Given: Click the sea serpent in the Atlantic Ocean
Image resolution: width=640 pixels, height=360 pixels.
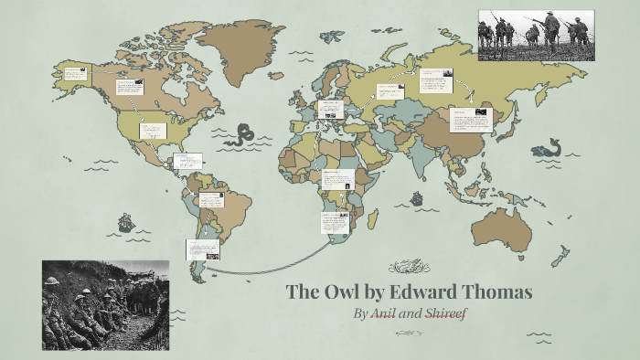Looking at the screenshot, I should tap(244, 135).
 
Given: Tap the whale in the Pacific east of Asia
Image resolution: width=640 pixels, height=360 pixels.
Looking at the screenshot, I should tap(549, 147).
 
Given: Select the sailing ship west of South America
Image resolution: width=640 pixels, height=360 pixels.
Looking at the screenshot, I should tap(125, 221).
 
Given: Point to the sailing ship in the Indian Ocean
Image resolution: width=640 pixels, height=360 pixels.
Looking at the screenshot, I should tap(417, 197).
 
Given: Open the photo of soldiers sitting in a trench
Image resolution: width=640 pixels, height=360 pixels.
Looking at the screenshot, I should tap(105, 305).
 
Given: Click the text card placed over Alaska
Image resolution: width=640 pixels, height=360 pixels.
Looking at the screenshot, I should tap(74, 72).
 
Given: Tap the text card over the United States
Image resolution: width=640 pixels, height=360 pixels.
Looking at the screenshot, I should tap(152, 131).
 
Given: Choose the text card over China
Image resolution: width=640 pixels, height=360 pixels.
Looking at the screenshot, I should tap(472, 120).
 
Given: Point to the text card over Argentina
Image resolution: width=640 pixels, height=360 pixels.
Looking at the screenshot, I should tap(201, 249).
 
